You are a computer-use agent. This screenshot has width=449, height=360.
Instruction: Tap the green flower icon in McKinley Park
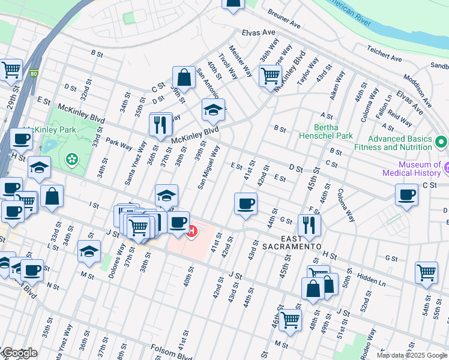[x=72, y=159]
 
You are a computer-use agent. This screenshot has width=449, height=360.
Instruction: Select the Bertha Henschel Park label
[x=326, y=131]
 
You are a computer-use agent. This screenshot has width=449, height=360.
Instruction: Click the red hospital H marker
[x=192, y=230]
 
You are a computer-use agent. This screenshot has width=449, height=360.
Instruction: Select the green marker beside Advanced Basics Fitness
[x=442, y=143]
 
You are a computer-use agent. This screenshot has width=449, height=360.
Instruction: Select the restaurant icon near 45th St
[x=309, y=225]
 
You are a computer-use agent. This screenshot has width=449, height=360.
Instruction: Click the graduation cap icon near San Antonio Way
[x=213, y=110]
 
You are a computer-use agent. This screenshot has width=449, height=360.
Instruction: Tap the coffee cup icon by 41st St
[x=246, y=204]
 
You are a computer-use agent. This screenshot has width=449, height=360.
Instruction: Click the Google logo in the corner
[x=19, y=353]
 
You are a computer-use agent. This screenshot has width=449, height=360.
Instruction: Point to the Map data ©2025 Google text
[x=411, y=355]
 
